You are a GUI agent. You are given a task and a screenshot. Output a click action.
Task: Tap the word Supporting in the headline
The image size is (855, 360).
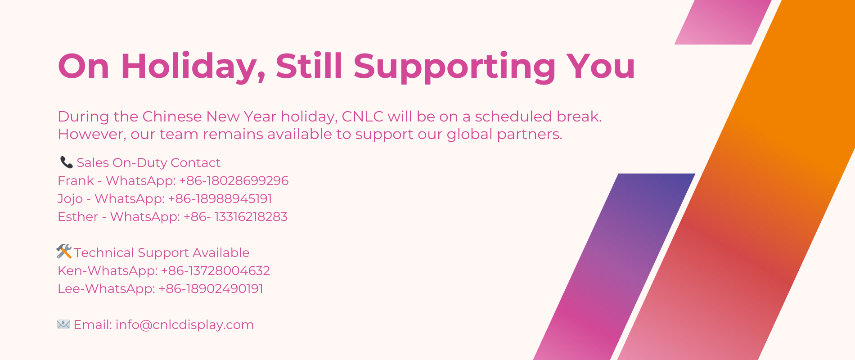454,67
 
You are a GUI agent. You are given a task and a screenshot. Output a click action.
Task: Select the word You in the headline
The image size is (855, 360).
600,67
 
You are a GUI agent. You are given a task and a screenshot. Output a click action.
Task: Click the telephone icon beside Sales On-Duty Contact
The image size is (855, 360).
67,162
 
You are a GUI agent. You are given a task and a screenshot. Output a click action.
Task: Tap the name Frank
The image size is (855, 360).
76,180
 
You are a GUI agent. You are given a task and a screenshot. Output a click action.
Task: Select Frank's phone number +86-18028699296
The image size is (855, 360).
234,180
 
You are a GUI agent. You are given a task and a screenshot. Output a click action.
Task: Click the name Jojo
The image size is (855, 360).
70,198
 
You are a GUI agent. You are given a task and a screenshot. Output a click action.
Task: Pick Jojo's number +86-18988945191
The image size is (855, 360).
220,198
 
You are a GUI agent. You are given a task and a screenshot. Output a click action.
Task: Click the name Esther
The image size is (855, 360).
78,216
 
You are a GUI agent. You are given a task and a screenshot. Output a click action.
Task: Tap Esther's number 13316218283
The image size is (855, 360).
251,216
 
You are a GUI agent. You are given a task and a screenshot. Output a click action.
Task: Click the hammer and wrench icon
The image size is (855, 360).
64,252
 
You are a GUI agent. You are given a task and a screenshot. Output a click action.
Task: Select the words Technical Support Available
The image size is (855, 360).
162,252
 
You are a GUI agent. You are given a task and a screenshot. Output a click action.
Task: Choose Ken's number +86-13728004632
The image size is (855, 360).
216,270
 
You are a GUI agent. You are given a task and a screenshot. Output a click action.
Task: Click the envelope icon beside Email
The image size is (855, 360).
63,324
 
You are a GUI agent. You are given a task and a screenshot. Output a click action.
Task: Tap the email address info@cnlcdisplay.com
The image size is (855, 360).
184,324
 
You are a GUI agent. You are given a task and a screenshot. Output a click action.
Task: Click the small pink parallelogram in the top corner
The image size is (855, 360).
722,22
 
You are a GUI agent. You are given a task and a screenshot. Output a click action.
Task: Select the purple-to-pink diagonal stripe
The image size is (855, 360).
616,265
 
